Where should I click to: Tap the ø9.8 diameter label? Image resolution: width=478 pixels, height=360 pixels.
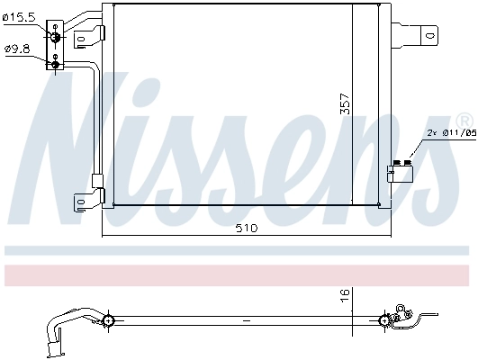coord(17,49)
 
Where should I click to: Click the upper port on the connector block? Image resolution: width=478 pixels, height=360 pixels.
coord(56,35)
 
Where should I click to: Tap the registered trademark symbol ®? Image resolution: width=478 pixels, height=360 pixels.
coord(464,120)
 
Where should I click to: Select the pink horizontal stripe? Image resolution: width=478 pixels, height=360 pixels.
coord(239,273)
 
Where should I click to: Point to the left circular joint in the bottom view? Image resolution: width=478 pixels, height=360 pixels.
coord(108,320)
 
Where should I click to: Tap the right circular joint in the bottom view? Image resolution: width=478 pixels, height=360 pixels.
coord(387,319)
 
